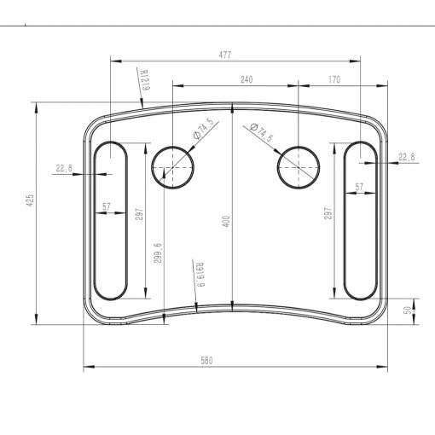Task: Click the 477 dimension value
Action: coord(225,55)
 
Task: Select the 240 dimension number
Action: coord(246,79)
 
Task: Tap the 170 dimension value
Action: coord(334,79)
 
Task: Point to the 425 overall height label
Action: coord(30,200)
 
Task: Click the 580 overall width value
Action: coord(206,361)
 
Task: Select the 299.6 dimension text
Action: coord(158,253)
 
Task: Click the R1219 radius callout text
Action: coord(145,80)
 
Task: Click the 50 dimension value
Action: coord(409,310)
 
